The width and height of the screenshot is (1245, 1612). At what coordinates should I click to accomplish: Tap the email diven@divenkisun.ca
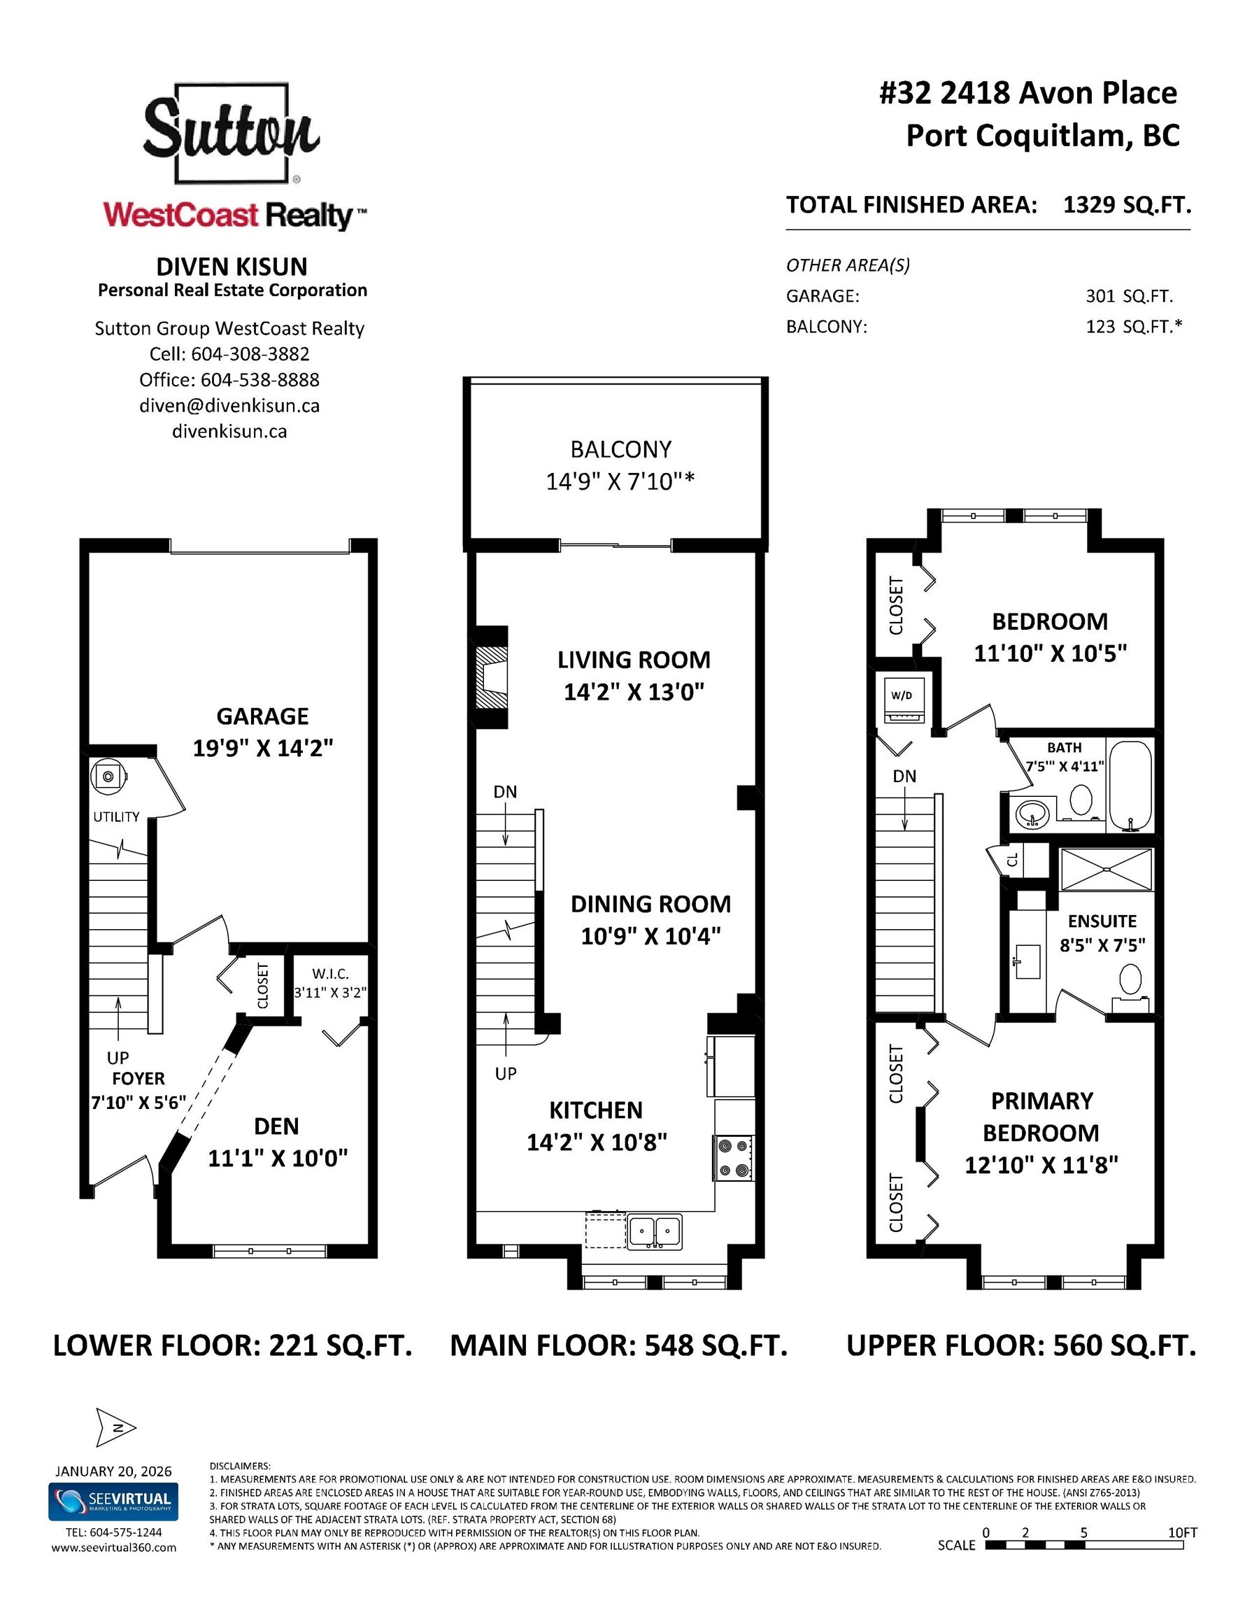[229, 405]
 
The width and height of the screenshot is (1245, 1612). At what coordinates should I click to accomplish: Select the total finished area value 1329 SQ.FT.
[1126, 204]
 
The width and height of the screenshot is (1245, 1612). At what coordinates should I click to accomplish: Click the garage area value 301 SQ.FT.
[1128, 296]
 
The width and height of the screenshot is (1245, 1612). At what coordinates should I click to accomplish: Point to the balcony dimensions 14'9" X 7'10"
[619, 481]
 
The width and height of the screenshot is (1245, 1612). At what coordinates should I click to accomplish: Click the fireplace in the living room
[491, 677]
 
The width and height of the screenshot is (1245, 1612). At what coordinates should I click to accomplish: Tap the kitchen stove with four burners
[733, 1158]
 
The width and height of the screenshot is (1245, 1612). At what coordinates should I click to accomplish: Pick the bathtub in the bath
[1130, 785]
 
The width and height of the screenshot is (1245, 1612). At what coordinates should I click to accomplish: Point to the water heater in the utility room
[109, 777]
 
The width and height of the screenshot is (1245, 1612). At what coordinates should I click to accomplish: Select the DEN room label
[277, 1126]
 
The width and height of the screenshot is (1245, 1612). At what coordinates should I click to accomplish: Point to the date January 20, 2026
[113, 1471]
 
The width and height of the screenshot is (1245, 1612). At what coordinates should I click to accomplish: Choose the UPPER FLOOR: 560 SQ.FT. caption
[1020, 1345]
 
